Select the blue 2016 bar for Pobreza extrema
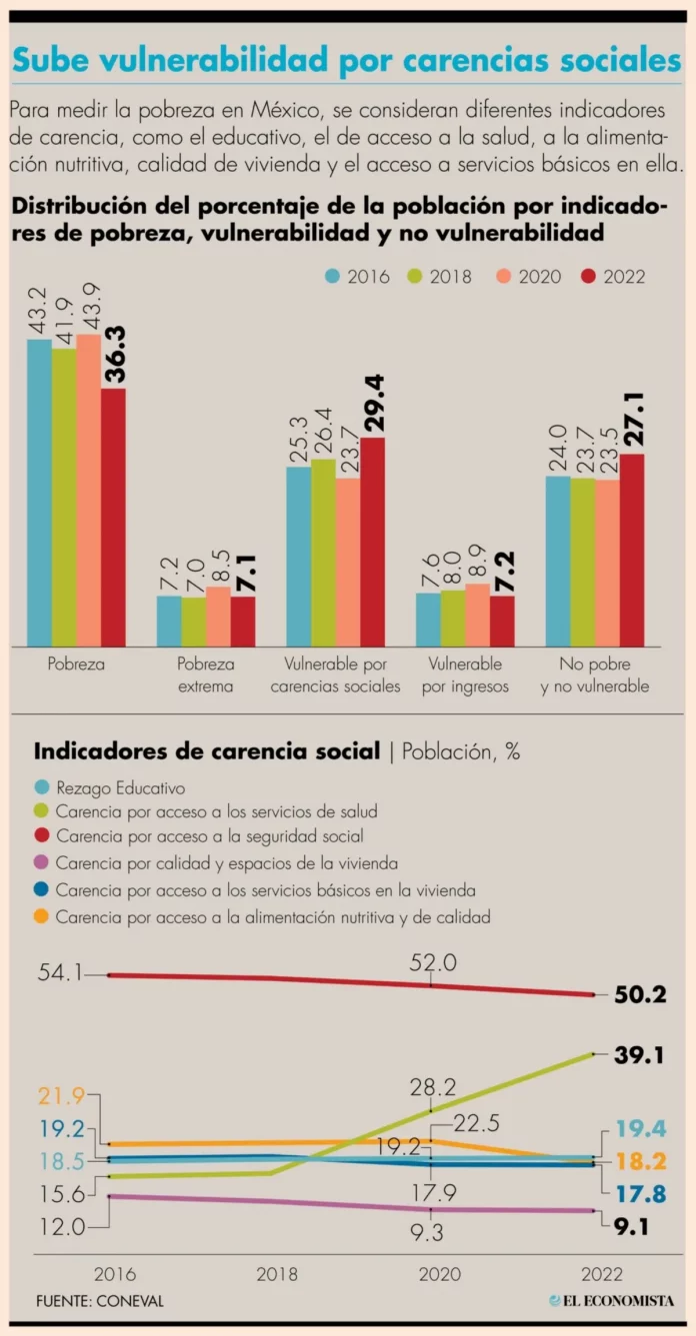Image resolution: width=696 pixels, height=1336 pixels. click(x=169, y=621)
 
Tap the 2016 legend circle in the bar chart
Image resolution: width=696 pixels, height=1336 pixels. click(x=333, y=277)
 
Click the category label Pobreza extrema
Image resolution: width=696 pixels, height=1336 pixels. click(x=206, y=674)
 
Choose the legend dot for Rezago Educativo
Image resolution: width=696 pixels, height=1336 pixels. click(x=42, y=787)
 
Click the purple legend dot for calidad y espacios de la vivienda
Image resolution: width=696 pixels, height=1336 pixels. click(x=42, y=863)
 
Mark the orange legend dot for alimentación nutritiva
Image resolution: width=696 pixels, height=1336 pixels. click(x=42, y=915)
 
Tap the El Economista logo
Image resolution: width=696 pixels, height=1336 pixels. click(x=611, y=1300)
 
